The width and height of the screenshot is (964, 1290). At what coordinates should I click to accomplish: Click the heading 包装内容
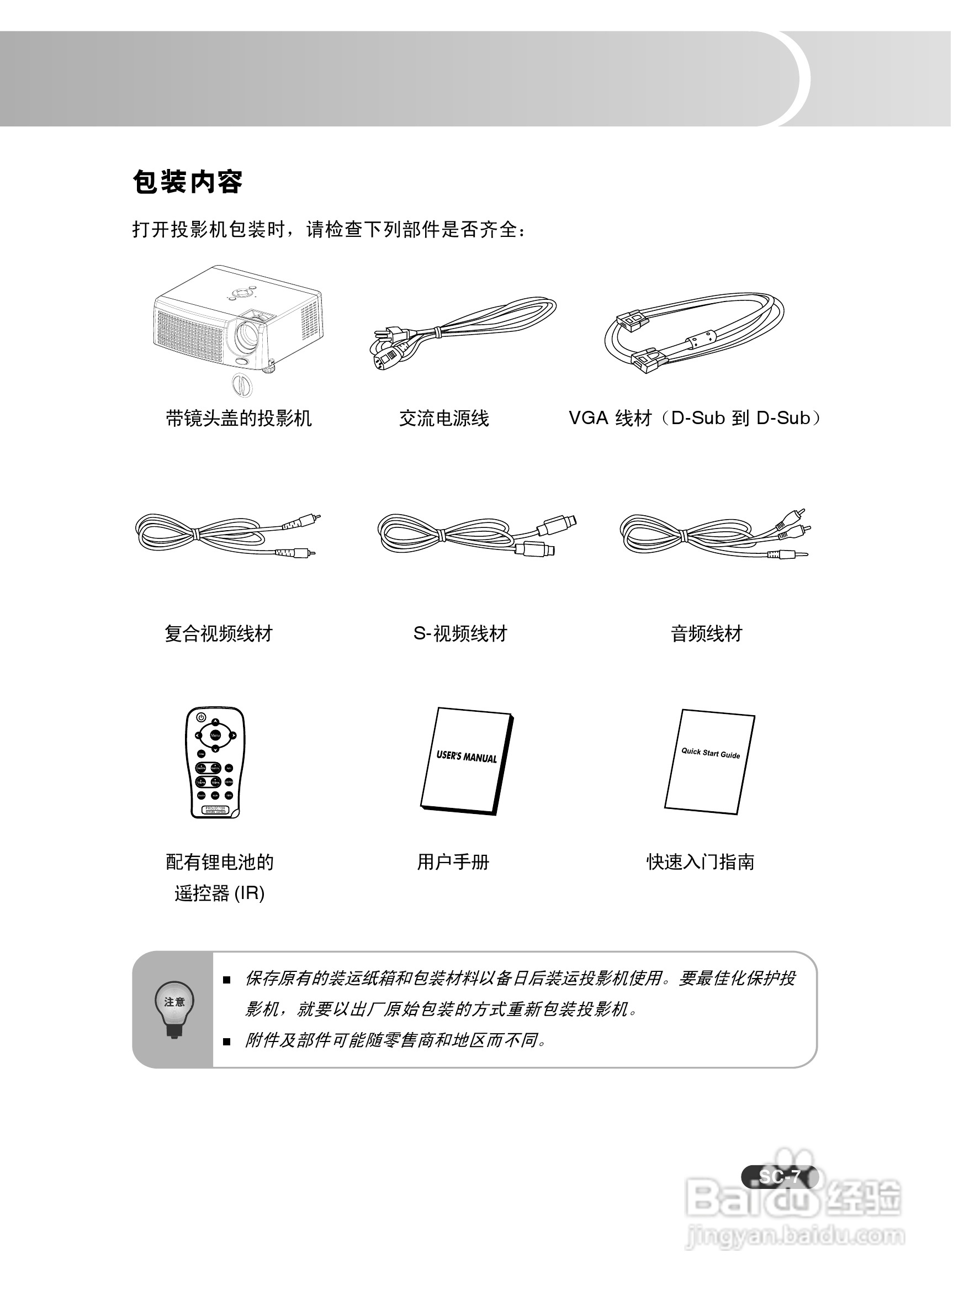(187, 182)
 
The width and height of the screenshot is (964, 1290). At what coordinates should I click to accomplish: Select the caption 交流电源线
(444, 418)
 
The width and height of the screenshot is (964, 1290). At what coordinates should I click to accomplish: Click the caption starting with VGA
(694, 418)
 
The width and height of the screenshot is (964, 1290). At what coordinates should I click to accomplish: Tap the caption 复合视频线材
(219, 633)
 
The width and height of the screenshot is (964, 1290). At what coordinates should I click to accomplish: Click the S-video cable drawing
(475, 533)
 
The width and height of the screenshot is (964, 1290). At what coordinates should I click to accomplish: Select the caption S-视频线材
(460, 633)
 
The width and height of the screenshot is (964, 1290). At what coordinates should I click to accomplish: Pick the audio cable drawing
(714, 533)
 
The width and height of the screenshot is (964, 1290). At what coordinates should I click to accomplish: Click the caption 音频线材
(706, 633)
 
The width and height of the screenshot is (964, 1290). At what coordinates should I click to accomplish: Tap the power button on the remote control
(200, 717)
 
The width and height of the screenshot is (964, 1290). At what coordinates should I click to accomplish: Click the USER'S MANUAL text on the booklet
(467, 757)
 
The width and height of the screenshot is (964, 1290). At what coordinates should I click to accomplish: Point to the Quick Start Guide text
(711, 753)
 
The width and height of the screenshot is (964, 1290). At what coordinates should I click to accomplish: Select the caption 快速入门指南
(701, 862)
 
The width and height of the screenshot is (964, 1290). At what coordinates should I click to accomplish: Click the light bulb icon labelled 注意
(174, 1008)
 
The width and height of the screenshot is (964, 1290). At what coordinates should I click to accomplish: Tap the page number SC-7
(780, 1176)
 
